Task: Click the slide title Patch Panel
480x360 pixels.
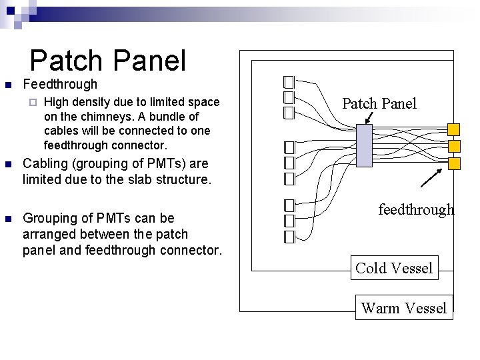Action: [108, 61]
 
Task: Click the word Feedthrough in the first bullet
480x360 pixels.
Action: [60, 85]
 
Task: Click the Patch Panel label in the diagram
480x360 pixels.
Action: [379, 103]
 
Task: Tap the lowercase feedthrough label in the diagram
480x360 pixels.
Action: [416, 209]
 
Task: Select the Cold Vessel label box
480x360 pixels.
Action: [394, 268]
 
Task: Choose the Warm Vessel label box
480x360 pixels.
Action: [403, 307]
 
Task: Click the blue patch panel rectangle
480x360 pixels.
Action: [364, 146]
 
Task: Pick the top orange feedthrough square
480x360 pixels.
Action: [453, 129]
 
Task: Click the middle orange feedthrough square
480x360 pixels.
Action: [453, 146]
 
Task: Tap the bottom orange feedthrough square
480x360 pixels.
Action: [453, 163]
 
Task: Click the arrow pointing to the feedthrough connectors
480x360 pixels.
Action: [431, 178]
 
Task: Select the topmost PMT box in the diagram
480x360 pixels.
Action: [289, 82]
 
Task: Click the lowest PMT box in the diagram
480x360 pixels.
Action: [289, 237]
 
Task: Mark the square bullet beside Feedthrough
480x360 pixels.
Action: [8, 85]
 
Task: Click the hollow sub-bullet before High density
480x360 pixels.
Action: [32, 103]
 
